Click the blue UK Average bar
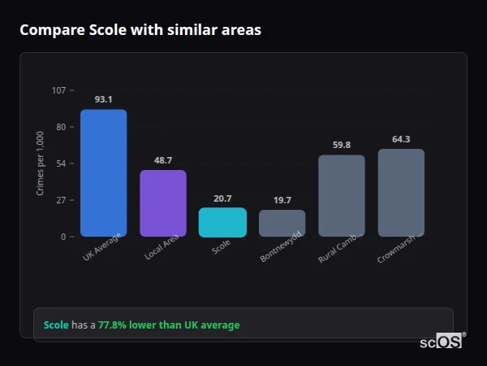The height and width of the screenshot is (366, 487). [103, 173]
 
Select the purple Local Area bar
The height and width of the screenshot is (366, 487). [163, 203]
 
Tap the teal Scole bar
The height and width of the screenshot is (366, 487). [222, 222]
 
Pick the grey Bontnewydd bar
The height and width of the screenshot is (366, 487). [282, 223]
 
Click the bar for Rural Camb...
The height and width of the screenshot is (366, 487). [342, 196]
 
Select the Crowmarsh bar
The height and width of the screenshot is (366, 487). [401, 193]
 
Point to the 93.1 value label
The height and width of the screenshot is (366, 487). [103, 99]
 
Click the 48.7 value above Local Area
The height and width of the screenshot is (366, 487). [163, 160]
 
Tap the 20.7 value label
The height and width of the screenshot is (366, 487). [222, 198]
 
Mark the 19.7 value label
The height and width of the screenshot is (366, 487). [282, 200]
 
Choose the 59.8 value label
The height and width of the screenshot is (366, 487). [342, 145]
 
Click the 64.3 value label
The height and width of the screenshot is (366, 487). [401, 139]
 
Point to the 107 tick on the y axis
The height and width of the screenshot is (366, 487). [58, 90]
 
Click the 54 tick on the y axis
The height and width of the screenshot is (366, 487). [61, 163]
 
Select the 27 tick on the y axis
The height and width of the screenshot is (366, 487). [61, 200]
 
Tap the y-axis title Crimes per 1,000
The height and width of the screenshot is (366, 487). [40, 163]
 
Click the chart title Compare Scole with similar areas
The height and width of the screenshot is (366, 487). [140, 30]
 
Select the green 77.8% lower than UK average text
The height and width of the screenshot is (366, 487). [169, 325]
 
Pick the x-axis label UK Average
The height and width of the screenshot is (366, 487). [102, 248]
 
